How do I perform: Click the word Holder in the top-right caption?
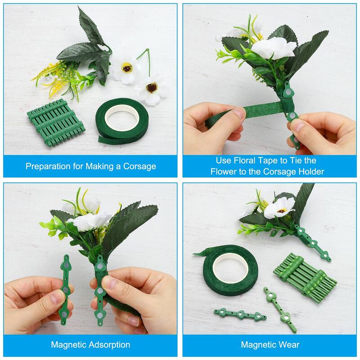pos(310,171)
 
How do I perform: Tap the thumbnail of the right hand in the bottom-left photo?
pos(110,283)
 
